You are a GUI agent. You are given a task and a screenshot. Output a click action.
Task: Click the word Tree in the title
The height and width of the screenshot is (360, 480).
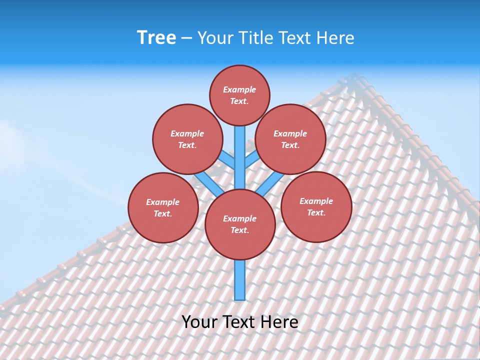click(156, 38)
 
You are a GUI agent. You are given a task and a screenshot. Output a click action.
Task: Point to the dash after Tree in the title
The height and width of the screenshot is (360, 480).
click(186, 38)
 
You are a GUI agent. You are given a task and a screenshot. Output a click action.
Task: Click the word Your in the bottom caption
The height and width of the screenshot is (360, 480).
click(199, 321)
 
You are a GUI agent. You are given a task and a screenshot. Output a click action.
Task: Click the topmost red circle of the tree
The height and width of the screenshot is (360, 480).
click(239, 95)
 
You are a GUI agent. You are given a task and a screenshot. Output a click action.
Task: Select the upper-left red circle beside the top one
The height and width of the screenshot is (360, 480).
click(187, 139)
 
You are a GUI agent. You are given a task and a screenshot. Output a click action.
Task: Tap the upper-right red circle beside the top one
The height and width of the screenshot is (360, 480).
click(290, 139)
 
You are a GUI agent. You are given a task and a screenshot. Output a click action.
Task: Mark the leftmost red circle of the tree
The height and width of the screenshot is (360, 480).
click(163, 207)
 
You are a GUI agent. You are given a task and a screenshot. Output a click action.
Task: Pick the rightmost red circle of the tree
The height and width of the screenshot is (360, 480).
click(316, 206)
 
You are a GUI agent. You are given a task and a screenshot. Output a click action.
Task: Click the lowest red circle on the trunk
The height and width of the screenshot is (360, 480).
click(240, 224)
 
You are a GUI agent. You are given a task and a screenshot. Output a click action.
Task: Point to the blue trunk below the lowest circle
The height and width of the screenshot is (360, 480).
click(240, 280)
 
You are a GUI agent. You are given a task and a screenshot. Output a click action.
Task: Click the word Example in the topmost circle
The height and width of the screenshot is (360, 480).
click(239, 89)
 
